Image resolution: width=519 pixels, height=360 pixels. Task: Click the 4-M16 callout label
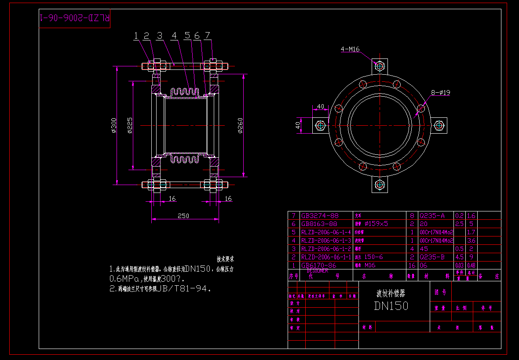(350, 49)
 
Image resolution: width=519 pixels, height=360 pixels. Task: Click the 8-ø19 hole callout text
(440, 93)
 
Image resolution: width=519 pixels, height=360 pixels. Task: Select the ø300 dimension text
(113, 125)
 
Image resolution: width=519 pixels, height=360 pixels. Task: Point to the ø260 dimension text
(240, 125)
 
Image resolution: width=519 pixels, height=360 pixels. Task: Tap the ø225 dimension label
(130, 125)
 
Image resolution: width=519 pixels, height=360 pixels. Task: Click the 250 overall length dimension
(183, 216)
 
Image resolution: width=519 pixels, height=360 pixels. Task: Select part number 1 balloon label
(136, 36)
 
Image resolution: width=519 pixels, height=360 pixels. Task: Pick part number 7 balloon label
(207, 36)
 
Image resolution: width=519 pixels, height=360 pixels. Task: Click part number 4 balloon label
(174, 36)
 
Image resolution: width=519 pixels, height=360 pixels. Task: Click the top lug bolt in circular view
(380, 66)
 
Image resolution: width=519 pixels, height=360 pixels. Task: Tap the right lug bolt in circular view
(439, 125)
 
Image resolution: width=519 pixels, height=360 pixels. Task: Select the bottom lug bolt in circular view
(380, 185)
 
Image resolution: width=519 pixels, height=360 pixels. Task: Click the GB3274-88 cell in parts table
(320, 216)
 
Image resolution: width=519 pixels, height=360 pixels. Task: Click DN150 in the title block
(391, 306)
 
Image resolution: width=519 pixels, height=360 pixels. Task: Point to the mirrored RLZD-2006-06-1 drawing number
(75, 18)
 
